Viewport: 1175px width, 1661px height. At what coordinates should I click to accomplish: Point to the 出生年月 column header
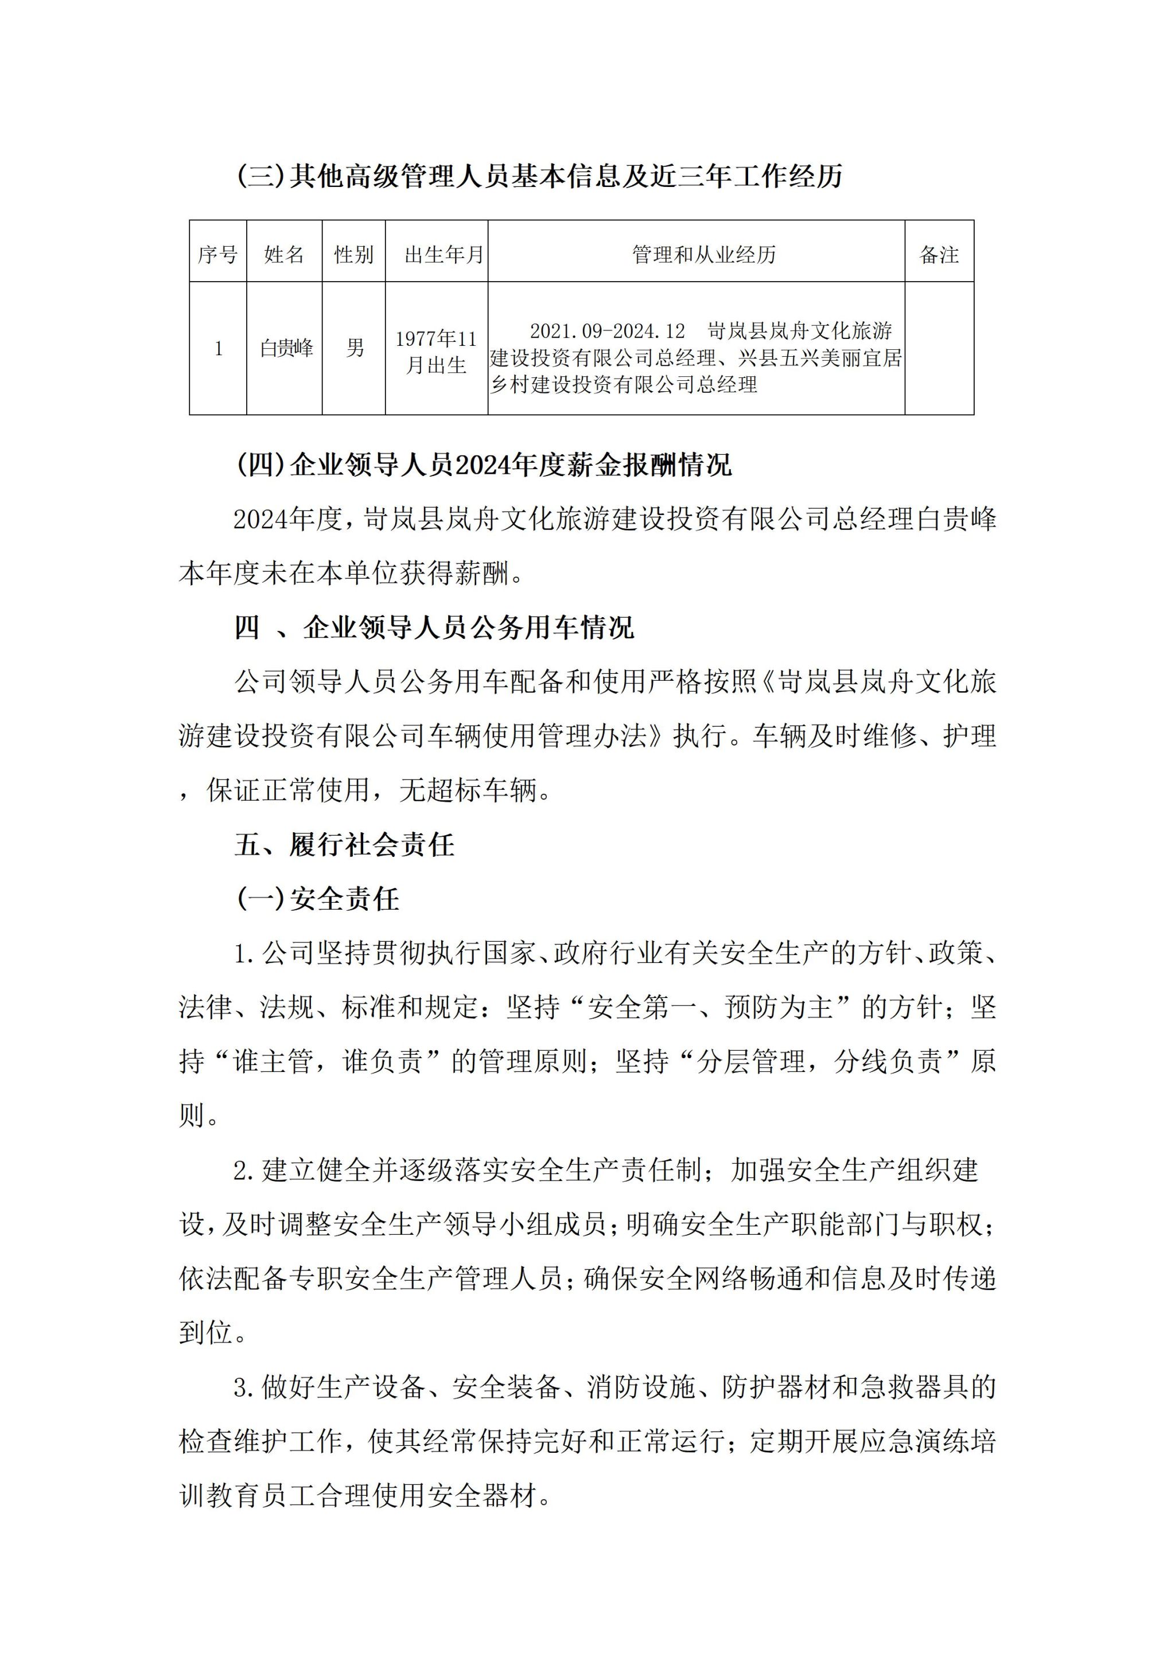(443, 255)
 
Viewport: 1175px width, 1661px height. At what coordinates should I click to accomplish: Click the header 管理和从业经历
(703, 255)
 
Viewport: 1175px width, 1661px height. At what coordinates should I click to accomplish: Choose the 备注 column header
(939, 255)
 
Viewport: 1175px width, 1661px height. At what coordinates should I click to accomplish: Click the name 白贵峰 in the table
(286, 349)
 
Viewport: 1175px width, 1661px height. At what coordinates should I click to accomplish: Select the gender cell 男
(355, 349)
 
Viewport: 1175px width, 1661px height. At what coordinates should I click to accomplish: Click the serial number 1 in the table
(218, 349)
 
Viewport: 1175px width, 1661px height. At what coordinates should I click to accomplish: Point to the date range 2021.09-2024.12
(607, 332)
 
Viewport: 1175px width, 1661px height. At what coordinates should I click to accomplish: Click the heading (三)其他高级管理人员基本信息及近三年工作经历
(540, 177)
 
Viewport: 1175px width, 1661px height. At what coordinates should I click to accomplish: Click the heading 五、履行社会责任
(344, 844)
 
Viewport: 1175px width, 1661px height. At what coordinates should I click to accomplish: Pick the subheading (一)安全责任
(318, 899)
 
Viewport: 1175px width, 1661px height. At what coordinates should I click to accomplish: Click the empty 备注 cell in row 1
(939, 349)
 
